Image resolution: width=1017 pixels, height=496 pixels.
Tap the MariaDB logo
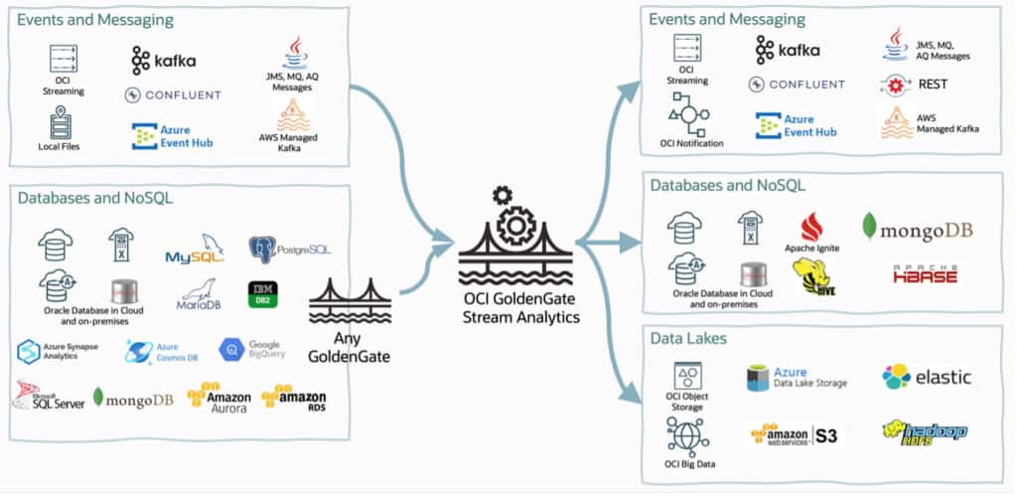(198, 292)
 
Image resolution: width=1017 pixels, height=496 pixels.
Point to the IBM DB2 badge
(264, 293)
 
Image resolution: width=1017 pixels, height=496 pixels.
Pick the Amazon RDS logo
(295, 398)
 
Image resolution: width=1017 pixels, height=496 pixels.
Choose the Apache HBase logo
(924, 275)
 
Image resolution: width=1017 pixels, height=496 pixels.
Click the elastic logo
(926, 377)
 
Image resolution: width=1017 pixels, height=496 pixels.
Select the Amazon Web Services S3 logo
(795, 435)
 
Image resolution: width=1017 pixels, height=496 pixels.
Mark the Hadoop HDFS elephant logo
(924, 432)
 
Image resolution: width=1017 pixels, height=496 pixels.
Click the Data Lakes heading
(689, 339)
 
